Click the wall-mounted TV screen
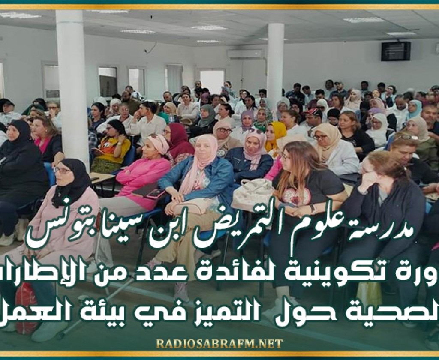[395, 51]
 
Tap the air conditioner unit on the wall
[245, 54]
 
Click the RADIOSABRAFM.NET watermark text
[219, 343]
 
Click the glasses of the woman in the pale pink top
[63, 171]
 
